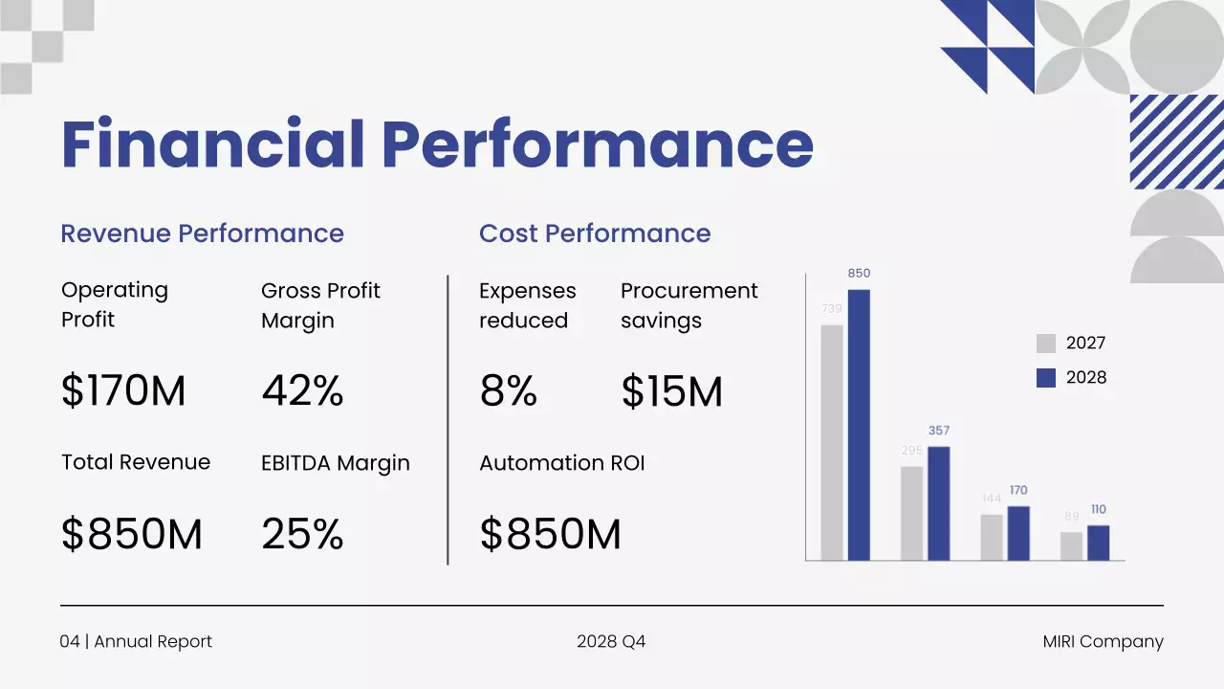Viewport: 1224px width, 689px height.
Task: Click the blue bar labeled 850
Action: (859, 425)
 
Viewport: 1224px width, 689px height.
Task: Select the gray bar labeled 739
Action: (832, 442)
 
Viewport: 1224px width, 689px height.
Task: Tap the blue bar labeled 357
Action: (939, 503)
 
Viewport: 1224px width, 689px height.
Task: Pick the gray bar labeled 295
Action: (911, 513)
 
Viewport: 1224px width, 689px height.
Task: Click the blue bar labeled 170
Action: (1018, 533)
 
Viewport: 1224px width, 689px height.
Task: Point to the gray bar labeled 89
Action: (1071, 545)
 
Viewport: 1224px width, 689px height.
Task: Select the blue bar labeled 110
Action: (1098, 543)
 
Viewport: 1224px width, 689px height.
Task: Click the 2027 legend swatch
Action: (1046, 344)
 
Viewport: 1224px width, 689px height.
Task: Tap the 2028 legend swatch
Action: (1046, 378)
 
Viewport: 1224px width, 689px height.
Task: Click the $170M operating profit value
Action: (123, 391)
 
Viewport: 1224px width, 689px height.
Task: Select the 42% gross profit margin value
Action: (302, 391)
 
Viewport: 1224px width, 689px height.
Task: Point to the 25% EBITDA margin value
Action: (302, 534)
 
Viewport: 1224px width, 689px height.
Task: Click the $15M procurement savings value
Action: (671, 391)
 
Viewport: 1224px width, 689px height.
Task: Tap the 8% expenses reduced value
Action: (508, 391)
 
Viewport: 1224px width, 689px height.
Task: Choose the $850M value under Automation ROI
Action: (550, 534)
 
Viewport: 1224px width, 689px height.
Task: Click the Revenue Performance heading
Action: (202, 233)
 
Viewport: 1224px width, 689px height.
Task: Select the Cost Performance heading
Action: (594, 233)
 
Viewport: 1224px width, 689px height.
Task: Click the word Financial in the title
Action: (212, 144)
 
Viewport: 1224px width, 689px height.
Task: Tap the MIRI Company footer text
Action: (1103, 642)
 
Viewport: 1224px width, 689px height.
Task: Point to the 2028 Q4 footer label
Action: (611, 642)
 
